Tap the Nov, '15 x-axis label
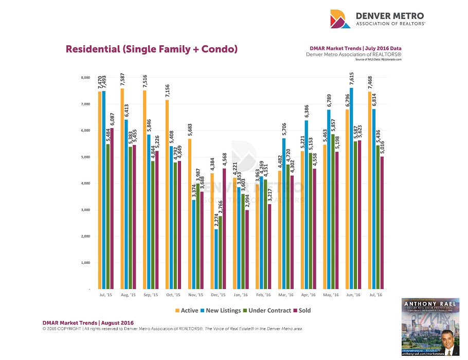click(196, 296)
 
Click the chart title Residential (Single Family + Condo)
click(151, 49)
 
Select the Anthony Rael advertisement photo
click(429, 327)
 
